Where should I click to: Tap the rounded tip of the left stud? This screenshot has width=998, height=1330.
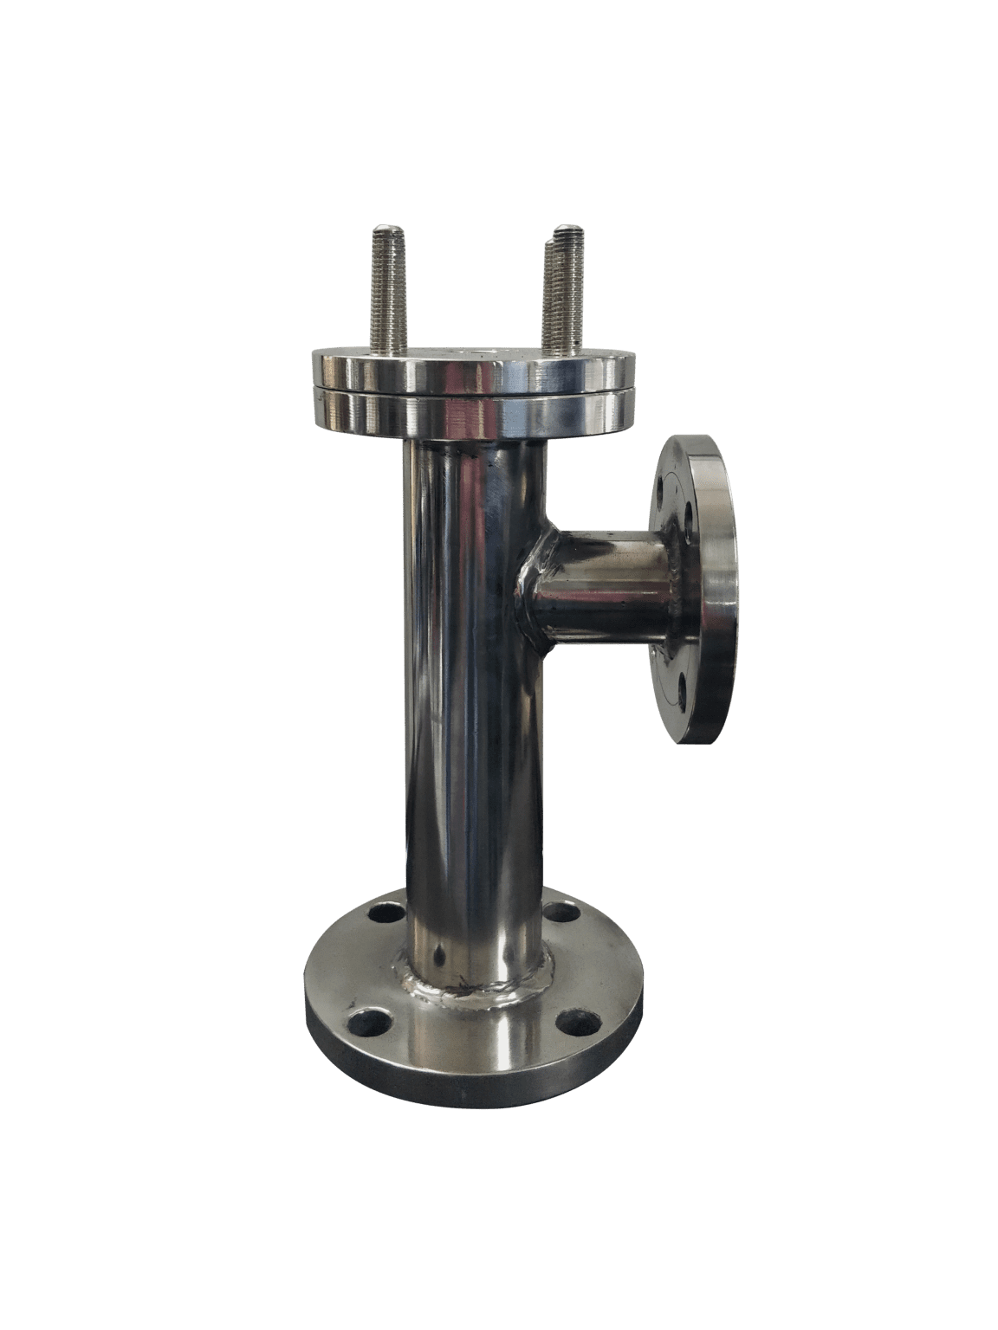pos(386,229)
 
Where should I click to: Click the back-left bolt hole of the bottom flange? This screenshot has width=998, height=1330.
pos(384,913)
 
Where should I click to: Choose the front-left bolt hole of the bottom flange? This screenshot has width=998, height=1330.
pos(360,1018)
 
